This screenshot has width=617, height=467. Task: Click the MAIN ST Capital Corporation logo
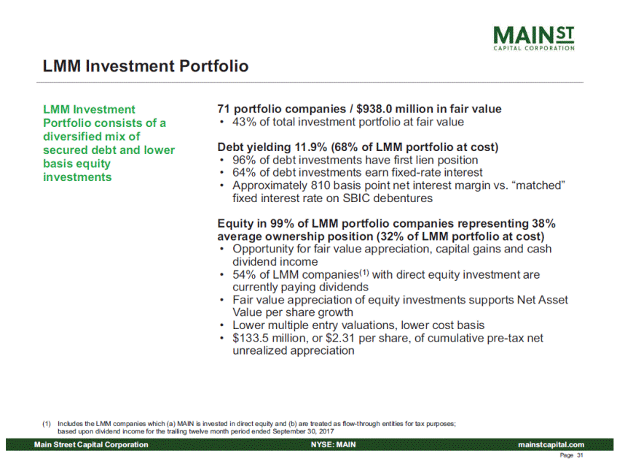coord(533,38)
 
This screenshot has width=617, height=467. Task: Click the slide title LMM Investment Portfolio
coord(146,66)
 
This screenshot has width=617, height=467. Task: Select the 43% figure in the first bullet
coord(244,122)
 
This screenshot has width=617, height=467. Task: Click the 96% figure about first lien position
coord(244,160)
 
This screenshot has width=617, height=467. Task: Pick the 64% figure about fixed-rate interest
coord(244,173)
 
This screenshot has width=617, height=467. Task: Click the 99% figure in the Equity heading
coord(282,223)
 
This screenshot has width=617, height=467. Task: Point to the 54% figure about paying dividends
coord(244,274)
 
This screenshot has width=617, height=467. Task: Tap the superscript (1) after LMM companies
coord(364,272)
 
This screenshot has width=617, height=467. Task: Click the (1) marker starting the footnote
coord(47,424)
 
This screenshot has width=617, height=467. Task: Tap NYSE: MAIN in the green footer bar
coord(333,444)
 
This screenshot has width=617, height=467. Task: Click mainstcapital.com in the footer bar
coord(551,444)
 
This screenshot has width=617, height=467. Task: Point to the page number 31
coord(580,455)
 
